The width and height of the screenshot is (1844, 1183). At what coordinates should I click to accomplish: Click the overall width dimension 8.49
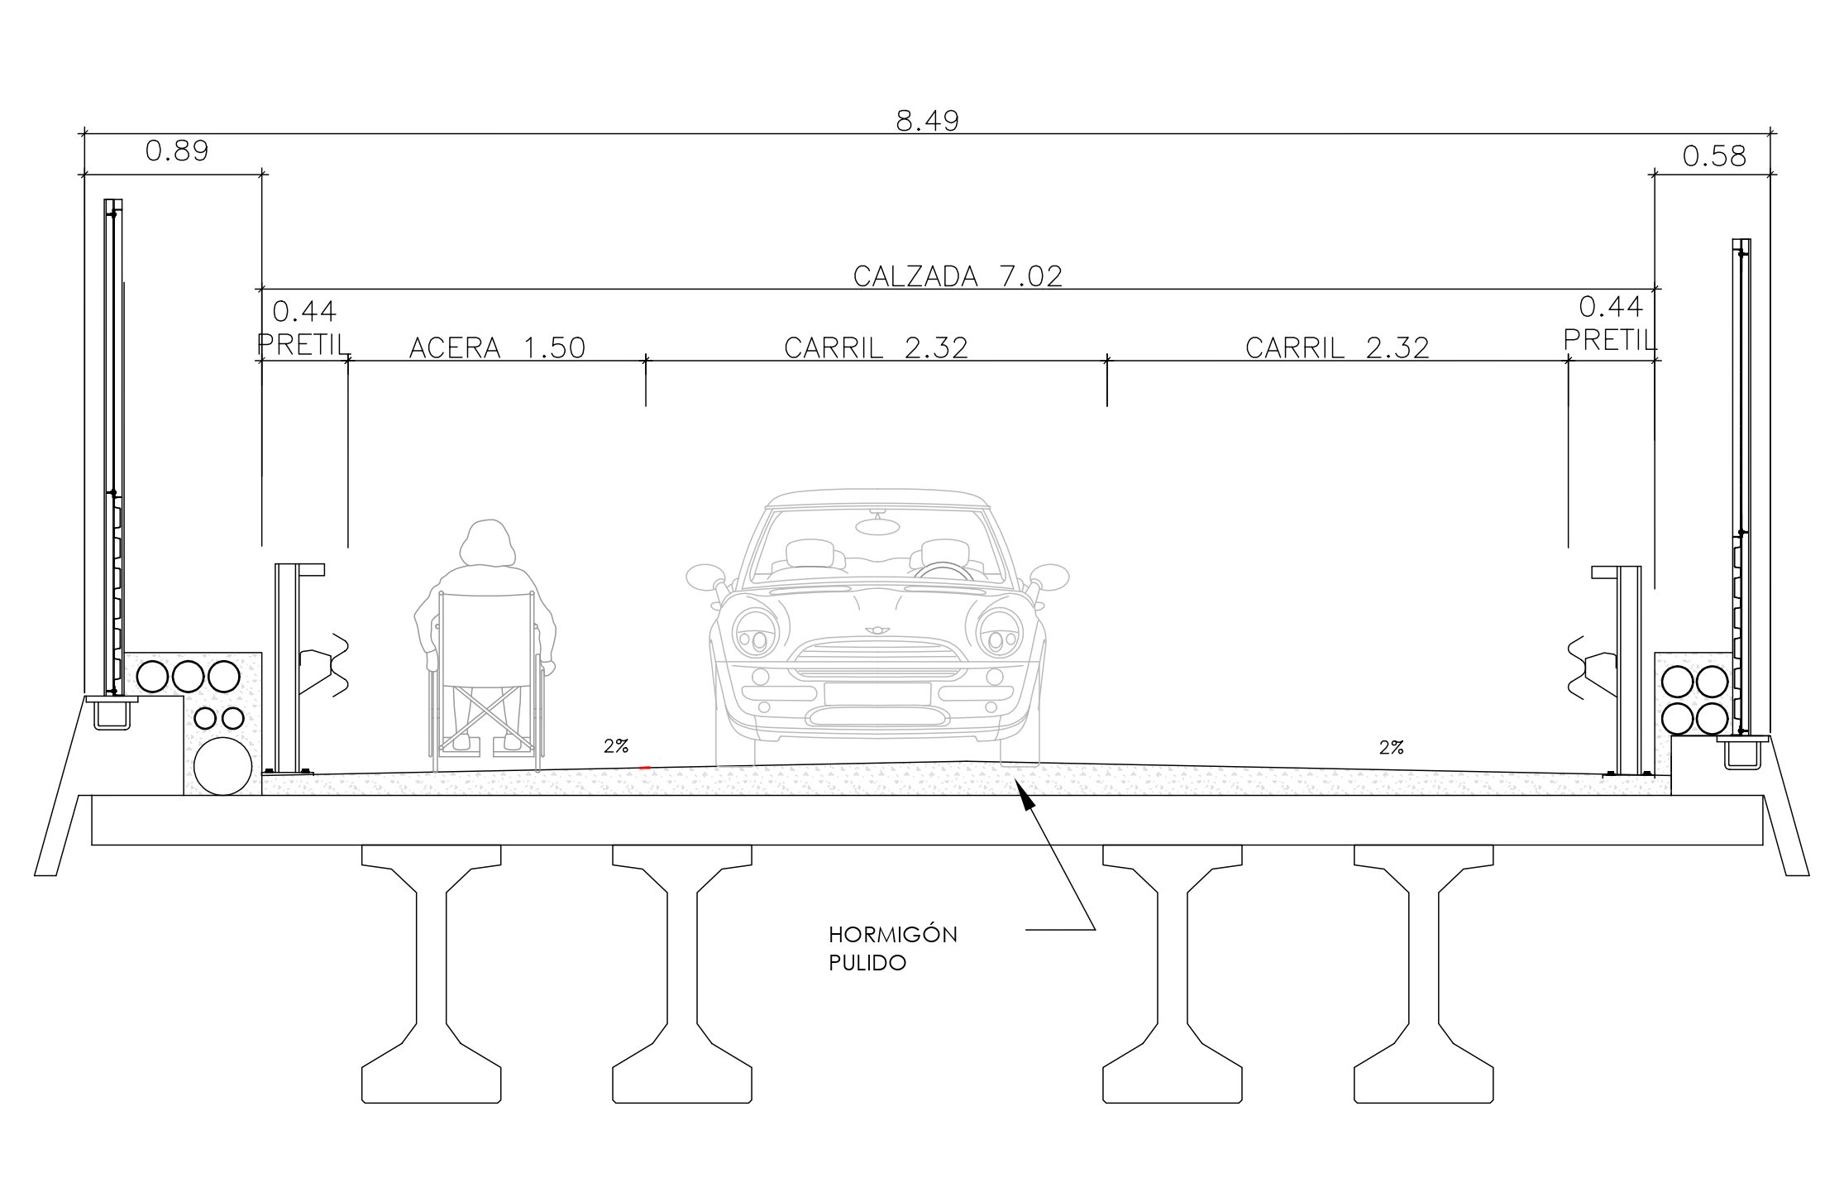click(x=927, y=122)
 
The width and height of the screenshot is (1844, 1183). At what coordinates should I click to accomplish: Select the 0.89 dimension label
click(x=177, y=151)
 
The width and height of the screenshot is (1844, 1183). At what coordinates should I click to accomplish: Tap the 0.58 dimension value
click(x=1714, y=156)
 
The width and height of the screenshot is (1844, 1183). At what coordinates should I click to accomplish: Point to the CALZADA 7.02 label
click(x=958, y=276)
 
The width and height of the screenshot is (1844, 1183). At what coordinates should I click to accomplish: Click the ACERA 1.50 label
click(x=497, y=347)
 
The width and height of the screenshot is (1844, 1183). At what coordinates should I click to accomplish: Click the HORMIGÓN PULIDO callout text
click(x=893, y=949)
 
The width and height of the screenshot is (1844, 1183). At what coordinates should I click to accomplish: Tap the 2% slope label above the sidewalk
click(x=616, y=746)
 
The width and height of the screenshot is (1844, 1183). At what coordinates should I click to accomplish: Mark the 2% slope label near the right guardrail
click(x=1392, y=748)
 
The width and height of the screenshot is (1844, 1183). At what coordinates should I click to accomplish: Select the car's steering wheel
click(x=944, y=569)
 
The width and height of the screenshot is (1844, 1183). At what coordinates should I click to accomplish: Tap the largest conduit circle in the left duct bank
click(x=222, y=766)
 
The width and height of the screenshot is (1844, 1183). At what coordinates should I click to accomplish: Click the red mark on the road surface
click(x=645, y=769)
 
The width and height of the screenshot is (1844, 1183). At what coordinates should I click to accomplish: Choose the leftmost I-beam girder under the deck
click(x=431, y=974)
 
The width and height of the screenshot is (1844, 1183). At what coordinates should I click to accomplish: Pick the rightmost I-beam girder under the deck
click(x=1423, y=974)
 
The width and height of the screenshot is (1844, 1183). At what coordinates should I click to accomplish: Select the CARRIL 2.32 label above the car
click(x=876, y=347)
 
